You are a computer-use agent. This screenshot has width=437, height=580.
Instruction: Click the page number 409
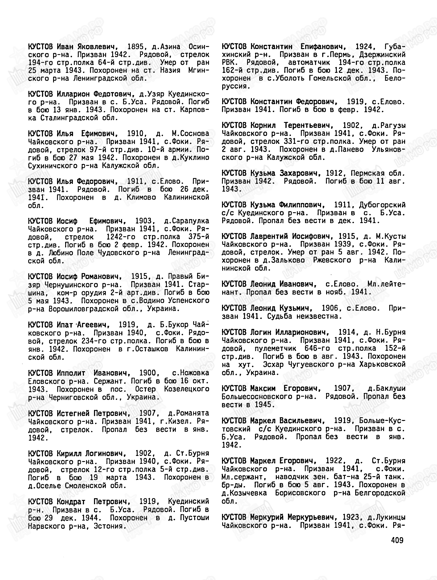click(397, 540)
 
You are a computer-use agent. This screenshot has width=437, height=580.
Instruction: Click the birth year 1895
click(135, 47)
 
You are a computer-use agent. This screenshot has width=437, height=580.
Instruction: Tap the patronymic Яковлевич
click(96, 47)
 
